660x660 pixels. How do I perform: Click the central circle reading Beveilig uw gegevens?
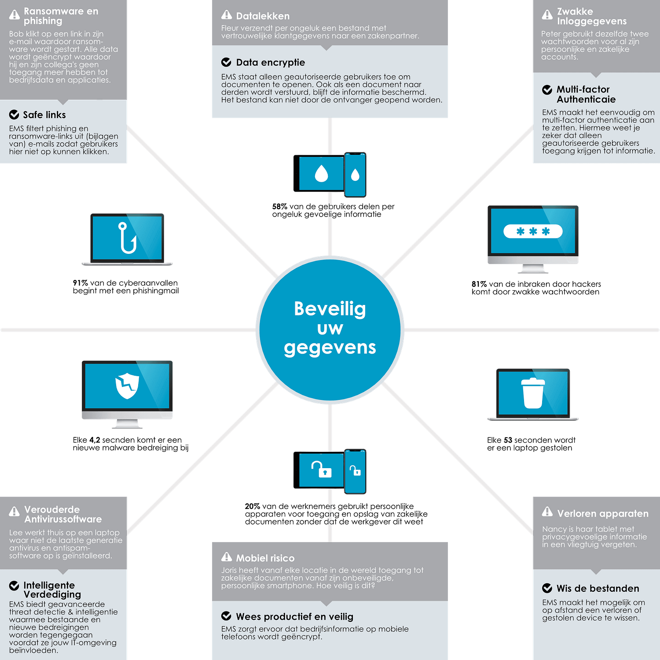tap(330, 330)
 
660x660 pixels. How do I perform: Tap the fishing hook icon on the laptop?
tap(127, 238)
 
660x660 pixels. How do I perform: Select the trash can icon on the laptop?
tap(533, 393)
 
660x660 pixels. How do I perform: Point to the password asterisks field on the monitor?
tap(533, 231)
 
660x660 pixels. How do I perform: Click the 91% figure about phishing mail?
tap(81, 283)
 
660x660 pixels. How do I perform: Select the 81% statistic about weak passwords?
tap(479, 284)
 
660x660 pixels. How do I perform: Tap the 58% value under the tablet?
tap(280, 206)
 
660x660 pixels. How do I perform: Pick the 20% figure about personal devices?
tap(253, 506)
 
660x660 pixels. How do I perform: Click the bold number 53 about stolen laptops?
tap(508, 440)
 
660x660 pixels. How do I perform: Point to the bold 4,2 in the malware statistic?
tap(95, 440)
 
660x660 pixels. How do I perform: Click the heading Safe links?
tap(44, 115)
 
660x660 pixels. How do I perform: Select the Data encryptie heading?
tap(271, 62)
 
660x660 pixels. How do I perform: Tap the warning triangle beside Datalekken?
tap(227, 15)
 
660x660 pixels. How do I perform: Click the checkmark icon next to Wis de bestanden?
tap(547, 588)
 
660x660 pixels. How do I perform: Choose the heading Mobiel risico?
tap(265, 558)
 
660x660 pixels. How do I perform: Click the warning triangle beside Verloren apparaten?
tap(547, 512)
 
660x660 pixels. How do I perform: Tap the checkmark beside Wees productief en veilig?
tap(227, 616)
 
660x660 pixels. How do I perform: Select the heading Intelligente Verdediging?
tap(52, 590)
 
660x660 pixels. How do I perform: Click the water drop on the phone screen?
tap(355, 175)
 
